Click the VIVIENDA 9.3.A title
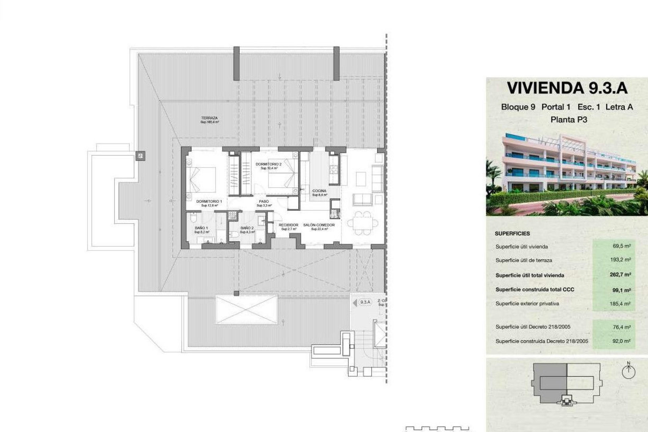(567, 88)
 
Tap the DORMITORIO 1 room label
(209, 201)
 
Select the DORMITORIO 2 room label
(268, 164)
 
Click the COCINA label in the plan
(319, 191)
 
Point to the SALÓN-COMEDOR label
(319, 225)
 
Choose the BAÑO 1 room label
(201, 228)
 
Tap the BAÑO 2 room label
(247, 228)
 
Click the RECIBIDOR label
(289, 225)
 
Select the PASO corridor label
(264, 201)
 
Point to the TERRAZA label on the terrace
(210, 118)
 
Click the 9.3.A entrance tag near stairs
(365, 302)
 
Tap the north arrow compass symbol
(628, 371)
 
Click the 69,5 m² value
(622, 246)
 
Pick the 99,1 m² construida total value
(622, 290)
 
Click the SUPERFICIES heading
(512, 234)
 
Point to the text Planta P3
(569, 119)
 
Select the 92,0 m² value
(622, 341)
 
